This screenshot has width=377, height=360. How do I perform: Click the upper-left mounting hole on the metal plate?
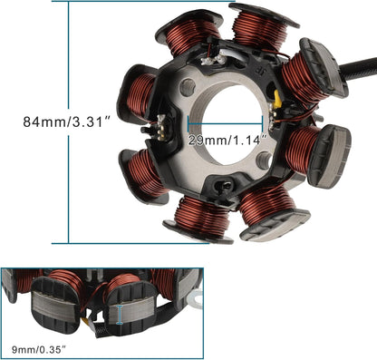pyautogui.click(x=188, y=87)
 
